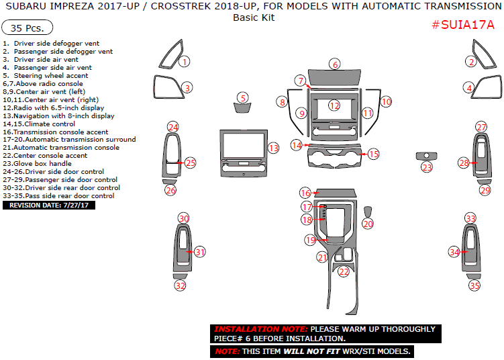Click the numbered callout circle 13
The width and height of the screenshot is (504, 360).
273,148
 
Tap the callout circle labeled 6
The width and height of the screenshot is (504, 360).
334,64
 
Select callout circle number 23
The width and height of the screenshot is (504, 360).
427,167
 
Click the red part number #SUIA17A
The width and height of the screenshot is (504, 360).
462,25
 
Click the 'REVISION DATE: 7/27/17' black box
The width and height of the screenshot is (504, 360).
49,205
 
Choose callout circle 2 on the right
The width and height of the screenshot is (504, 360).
471,62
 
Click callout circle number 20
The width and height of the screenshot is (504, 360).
368,224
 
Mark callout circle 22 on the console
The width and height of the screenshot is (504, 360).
344,272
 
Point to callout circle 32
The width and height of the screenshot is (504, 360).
180,285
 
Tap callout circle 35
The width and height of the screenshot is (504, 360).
474,285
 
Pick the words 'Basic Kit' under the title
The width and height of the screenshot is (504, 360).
254,17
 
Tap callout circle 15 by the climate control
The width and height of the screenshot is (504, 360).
373,154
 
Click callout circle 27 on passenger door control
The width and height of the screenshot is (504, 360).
481,127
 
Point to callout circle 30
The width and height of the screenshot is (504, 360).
183,218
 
